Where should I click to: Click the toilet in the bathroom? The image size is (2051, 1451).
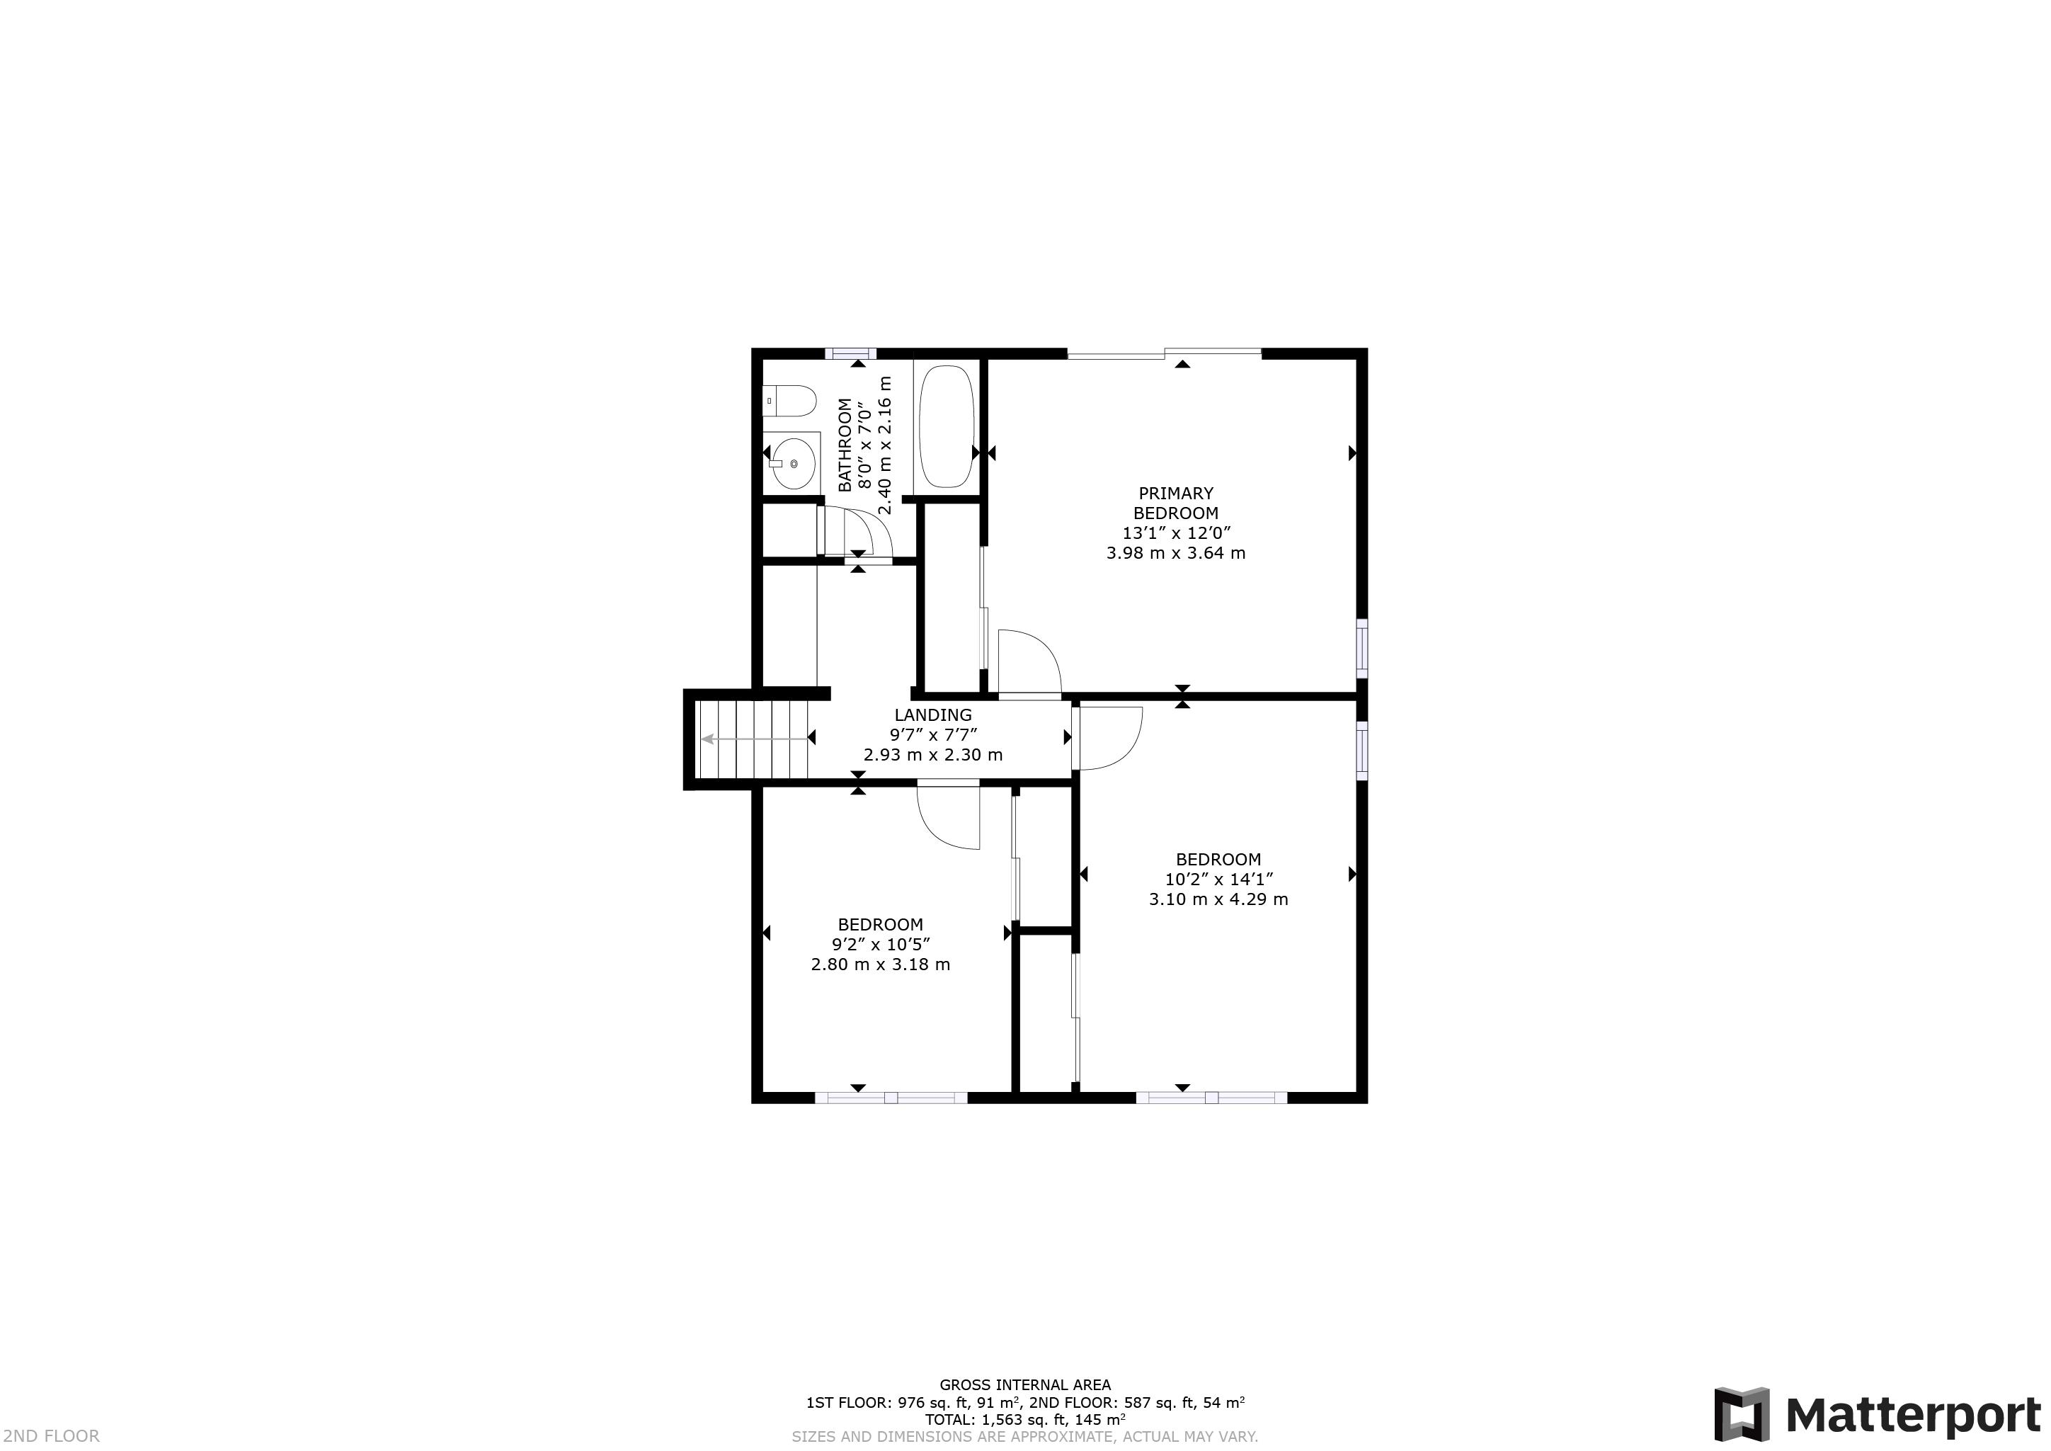click(x=792, y=402)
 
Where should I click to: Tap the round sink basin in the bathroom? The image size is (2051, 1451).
click(x=792, y=464)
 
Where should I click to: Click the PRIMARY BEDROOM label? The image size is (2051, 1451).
click(x=1175, y=503)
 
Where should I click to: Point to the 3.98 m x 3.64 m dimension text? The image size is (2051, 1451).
click(x=1175, y=553)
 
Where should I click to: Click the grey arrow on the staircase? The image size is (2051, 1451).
click(x=709, y=739)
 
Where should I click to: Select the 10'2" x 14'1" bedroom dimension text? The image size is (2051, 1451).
click(x=1218, y=880)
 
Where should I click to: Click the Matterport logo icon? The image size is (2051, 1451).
click(x=1741, y=1413)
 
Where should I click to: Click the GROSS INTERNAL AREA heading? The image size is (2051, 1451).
click(x=1024, y=1386)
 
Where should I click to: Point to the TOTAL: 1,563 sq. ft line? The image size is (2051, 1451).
click(x=1024, y=1420)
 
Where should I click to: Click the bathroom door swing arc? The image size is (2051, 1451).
click(x=871, y=530)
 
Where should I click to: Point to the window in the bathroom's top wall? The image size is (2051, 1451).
click(x=850, y=353)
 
